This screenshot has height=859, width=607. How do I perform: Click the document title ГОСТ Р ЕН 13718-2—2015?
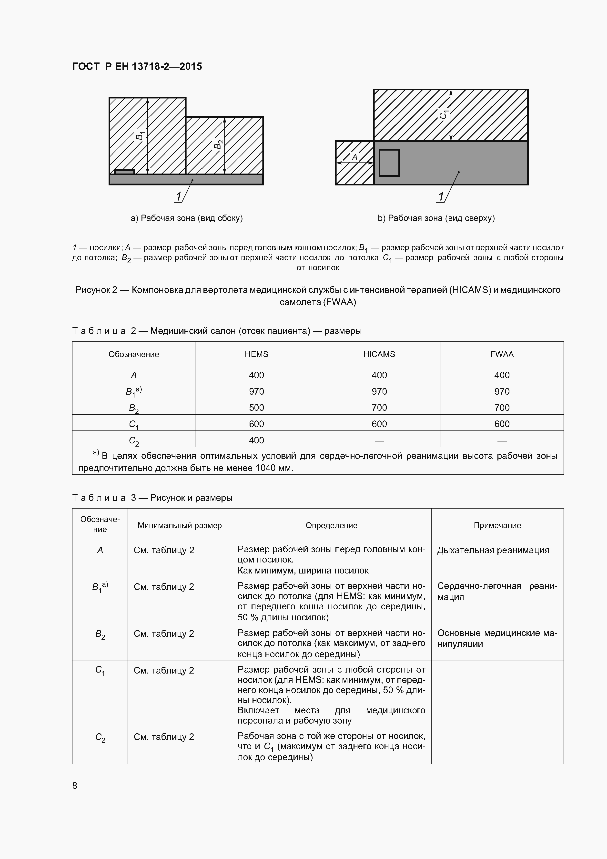(137, 67)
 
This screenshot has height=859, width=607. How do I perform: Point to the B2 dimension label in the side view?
(218, 144)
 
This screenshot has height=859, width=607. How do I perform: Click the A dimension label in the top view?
(354, 157)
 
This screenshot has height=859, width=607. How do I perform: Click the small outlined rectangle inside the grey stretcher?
(389, 163)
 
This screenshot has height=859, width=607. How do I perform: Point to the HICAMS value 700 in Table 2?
(379, 408)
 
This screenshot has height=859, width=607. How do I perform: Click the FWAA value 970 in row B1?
(502, 391)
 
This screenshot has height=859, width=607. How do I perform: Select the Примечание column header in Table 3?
(497, 525)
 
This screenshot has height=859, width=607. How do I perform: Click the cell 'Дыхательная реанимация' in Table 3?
(493, 550)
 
